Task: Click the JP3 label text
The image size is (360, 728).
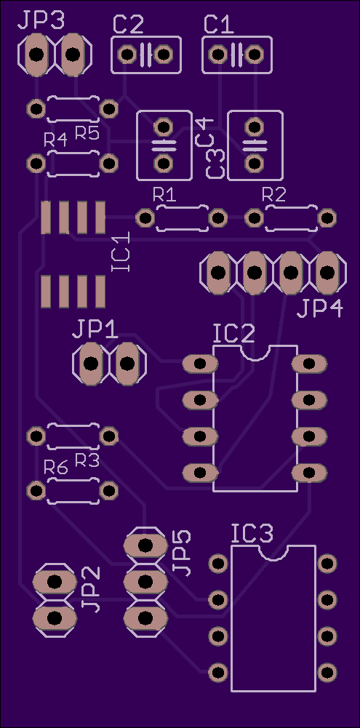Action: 41,20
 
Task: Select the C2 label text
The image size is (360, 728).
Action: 128,25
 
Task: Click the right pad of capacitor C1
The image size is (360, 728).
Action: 254,55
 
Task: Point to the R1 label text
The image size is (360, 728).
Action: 164,195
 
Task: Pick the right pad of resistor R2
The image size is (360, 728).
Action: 327,217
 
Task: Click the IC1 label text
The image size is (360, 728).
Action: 121,251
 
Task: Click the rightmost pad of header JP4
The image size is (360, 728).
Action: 327,273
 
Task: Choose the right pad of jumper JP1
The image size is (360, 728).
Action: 127,363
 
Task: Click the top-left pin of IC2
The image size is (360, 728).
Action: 200,364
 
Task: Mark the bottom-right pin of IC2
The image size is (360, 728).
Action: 309,473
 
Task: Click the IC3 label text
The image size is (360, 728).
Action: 252,534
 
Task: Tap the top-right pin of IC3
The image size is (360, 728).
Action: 327,563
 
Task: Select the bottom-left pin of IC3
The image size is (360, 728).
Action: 218,672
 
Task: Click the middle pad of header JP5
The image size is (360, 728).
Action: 145,581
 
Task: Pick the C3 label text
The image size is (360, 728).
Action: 214,164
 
